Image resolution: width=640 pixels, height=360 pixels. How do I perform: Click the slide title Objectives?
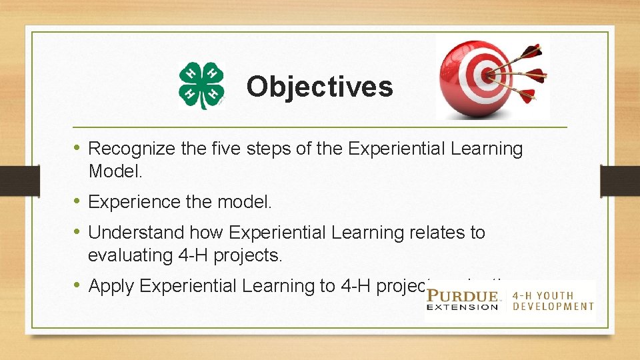(319, 87)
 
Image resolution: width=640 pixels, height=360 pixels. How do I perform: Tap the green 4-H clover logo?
(201, 86)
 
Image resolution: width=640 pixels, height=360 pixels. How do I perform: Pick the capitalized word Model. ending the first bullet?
(115, 171)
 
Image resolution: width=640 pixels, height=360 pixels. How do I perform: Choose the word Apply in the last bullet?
(112, 286)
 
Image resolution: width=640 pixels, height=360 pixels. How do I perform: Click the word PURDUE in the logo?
(463, 295)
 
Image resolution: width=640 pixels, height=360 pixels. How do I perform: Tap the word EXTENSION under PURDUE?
(463, 307)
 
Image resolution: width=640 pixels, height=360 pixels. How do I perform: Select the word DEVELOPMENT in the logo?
(553, 307)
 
